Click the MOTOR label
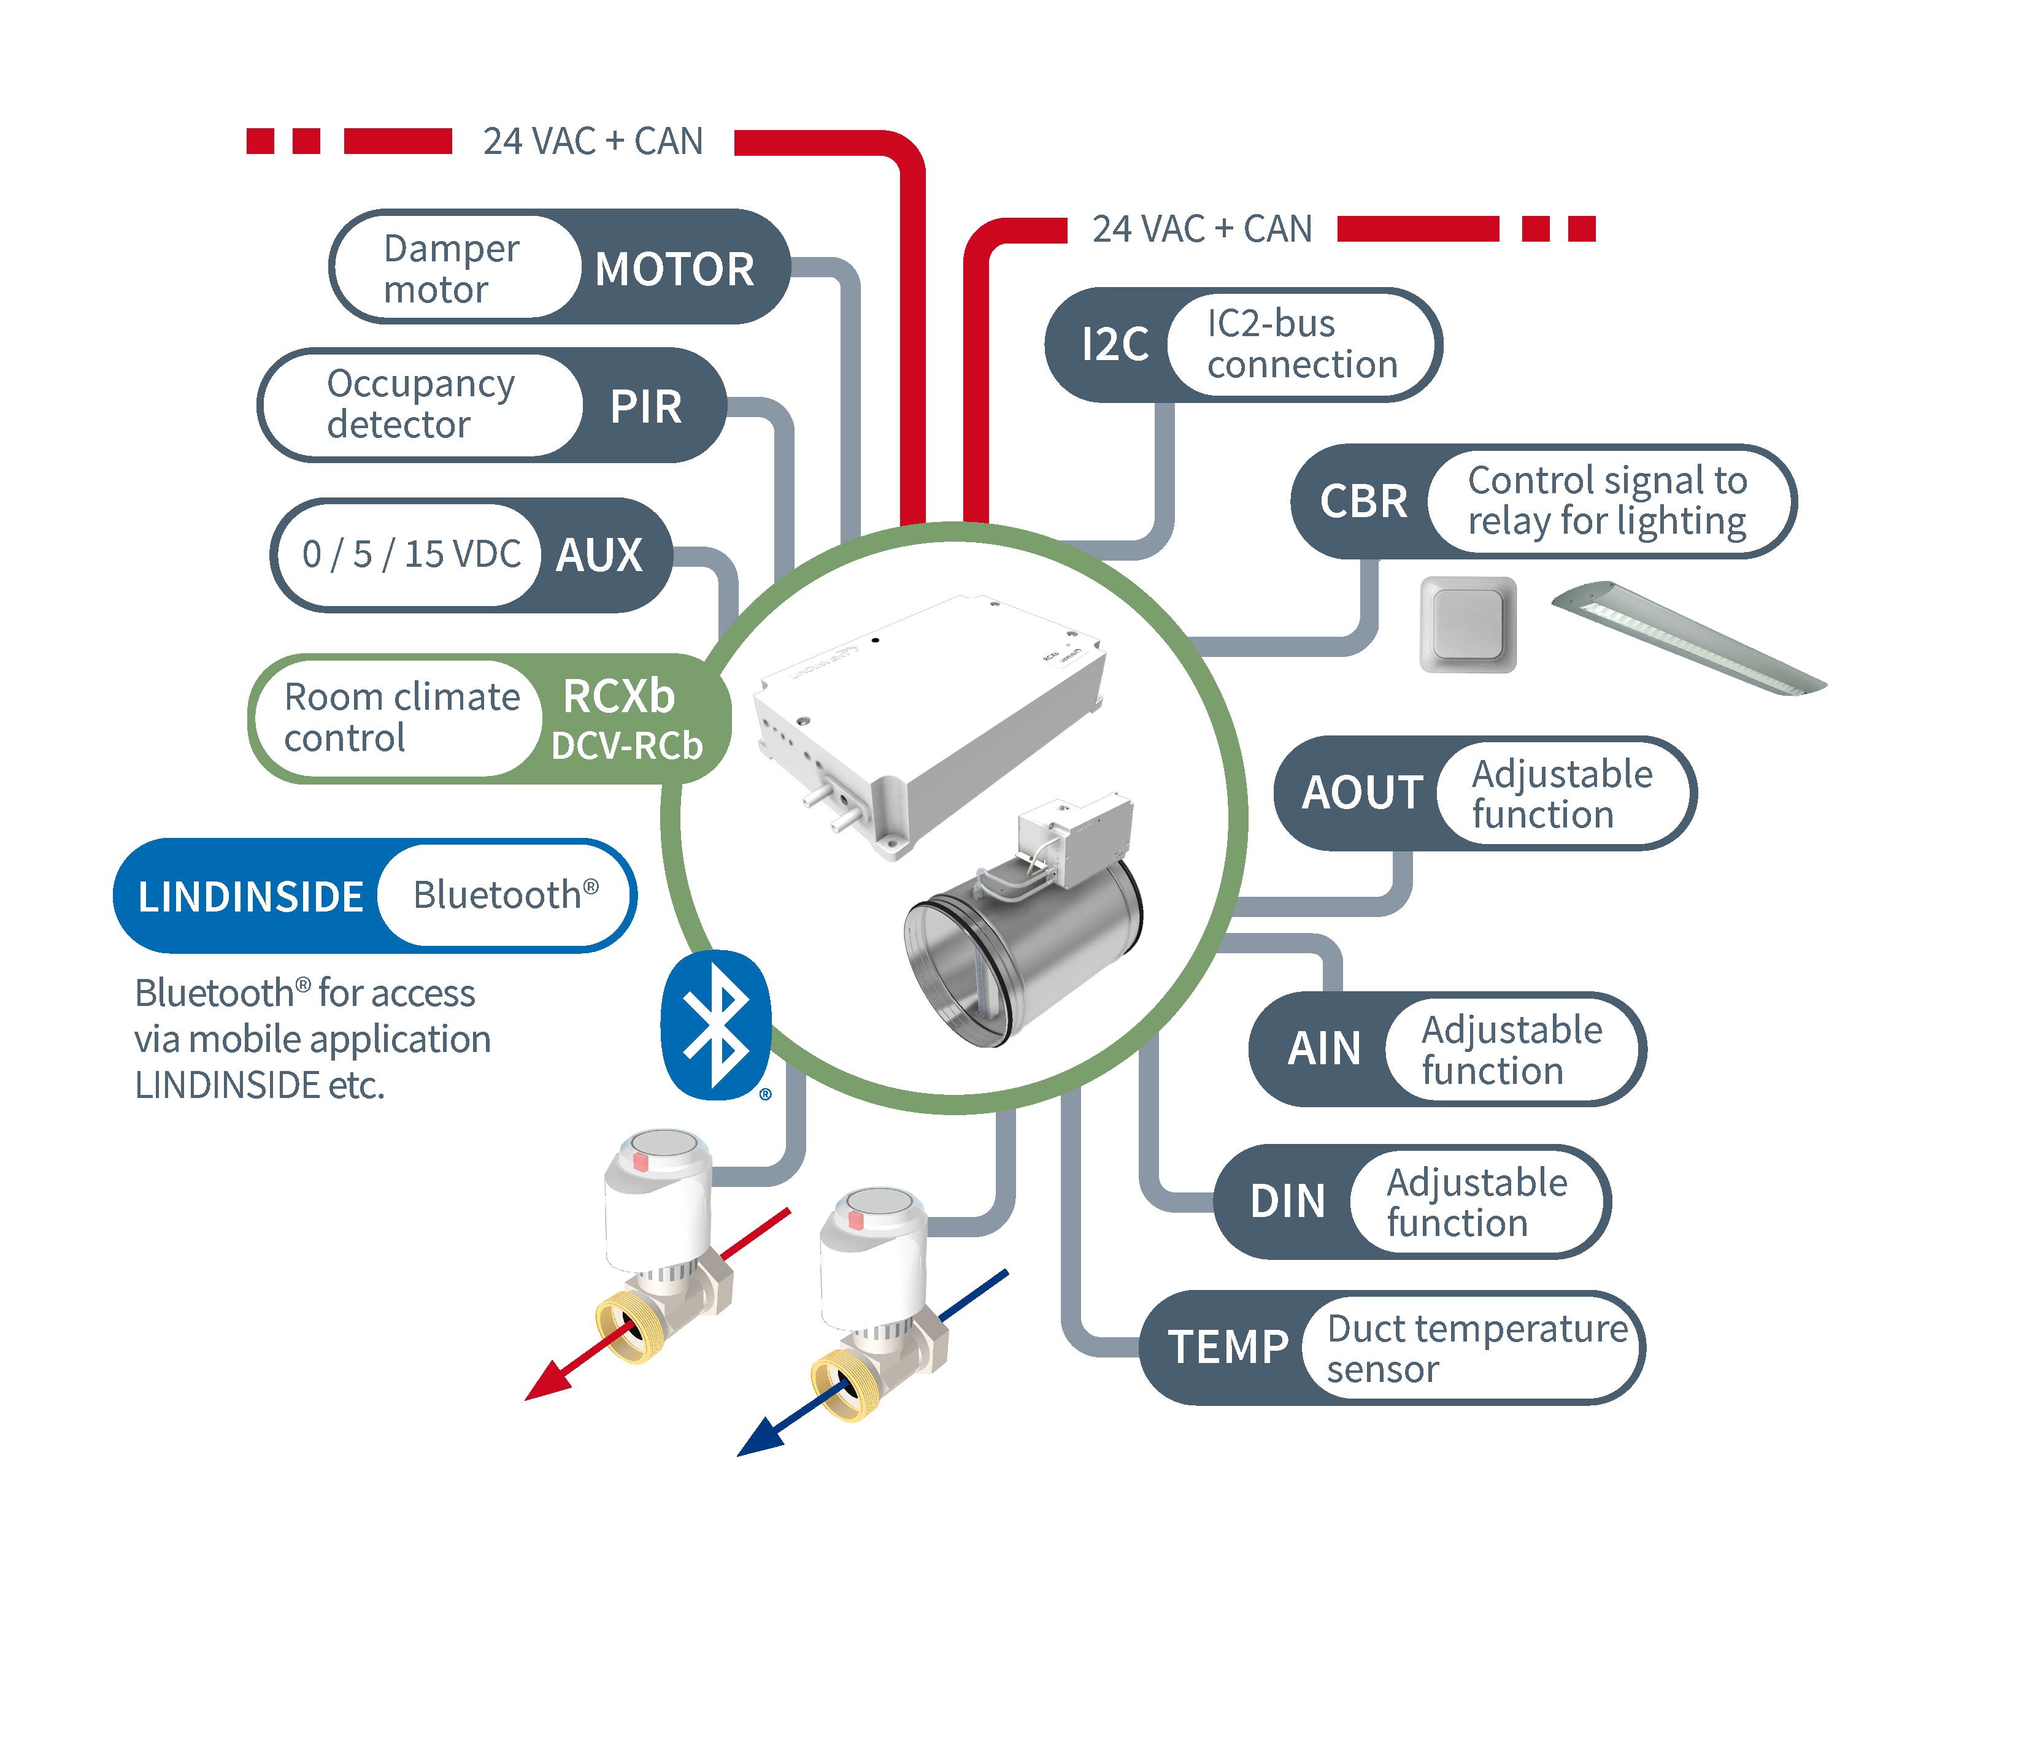pos(675,269)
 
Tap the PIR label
pos(645,406)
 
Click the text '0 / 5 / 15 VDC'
pos(410,554)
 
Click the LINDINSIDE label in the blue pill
pos(251,897)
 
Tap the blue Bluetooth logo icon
pos(716,1025)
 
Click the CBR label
pos(1363,501)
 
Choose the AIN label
pos(1324,1049)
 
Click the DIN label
pos(1288,1202)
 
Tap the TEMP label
pos(1228,1347)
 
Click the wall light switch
pos(1468,624)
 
